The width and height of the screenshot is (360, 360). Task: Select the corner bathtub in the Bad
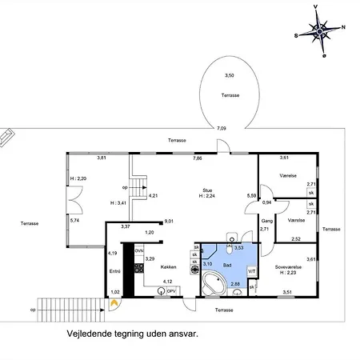pos(214,284)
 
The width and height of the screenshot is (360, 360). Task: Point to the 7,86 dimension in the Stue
pos(197,158)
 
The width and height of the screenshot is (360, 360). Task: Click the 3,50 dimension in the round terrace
pos(230,75)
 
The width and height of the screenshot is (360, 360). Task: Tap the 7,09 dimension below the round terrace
pos(222,128)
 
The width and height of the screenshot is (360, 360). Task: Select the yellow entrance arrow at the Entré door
pos(115,302)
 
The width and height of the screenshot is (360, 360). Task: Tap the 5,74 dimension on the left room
pos(75,220)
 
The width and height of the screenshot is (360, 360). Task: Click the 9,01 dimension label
pos(170,221)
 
